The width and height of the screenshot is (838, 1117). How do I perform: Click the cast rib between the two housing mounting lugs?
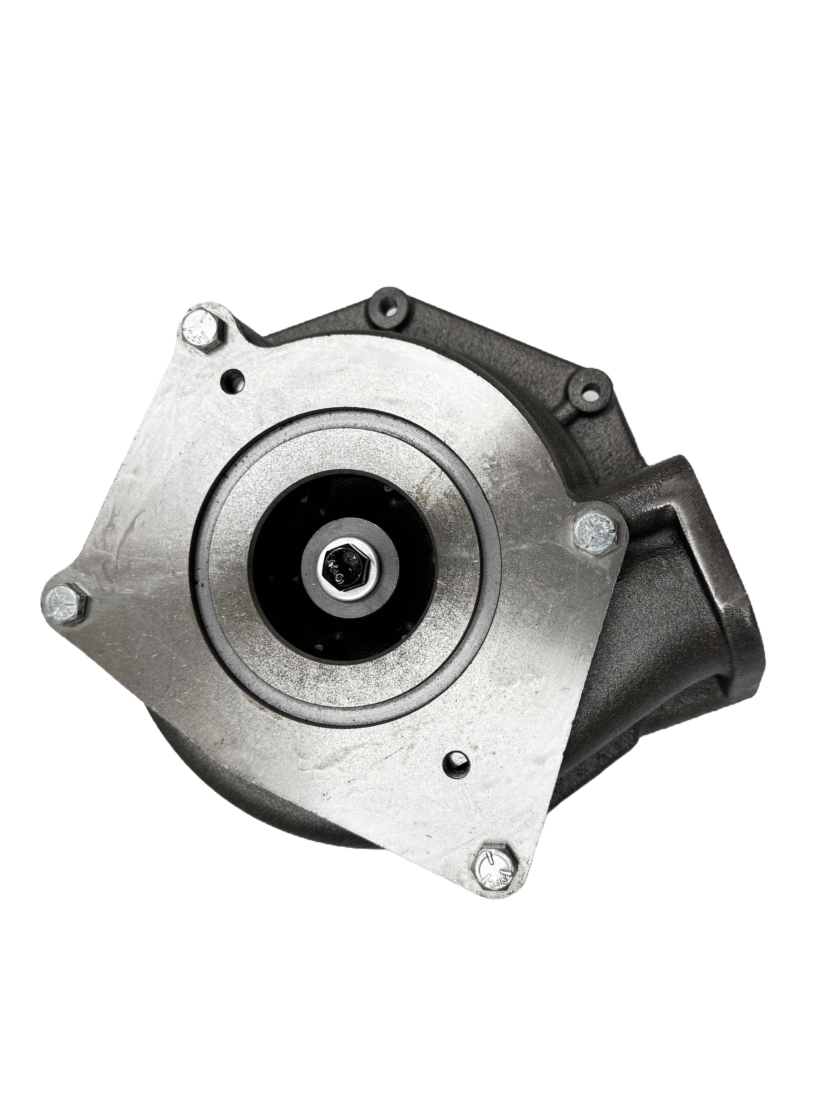(495, 343)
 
